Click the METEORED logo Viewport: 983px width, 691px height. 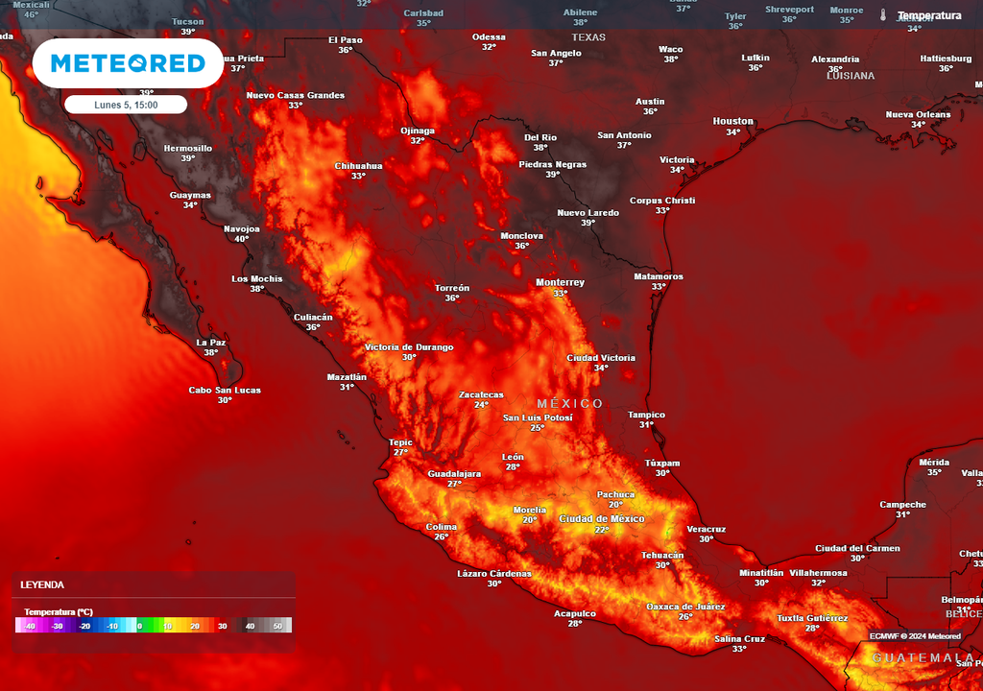tap(128, 63)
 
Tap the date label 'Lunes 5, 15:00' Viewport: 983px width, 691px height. tap(126, 105)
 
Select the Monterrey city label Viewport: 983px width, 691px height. tap(560, 282)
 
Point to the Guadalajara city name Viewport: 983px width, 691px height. tap(454, 473)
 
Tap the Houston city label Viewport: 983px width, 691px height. tap(732, 121)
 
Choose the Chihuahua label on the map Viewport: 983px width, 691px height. tap(358, 165)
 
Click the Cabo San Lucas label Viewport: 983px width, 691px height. tap(225, 390)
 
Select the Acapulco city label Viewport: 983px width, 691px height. tap(575, 613)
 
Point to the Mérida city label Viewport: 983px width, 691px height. tap(934, 462)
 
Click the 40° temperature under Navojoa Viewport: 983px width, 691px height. tap(242, 239)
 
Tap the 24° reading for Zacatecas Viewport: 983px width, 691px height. tap(481, 405)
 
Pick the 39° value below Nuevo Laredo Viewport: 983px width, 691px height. tap(587, 223)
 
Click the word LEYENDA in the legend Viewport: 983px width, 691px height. tap(43, 584)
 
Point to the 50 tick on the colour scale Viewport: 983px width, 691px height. tap(277, 626)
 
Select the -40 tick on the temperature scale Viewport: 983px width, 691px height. tap(31, 626)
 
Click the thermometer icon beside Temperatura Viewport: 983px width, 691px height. tap(882, 15)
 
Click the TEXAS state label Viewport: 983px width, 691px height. tap(589, 37)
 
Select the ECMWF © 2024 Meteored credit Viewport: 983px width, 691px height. tap(915, 636)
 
